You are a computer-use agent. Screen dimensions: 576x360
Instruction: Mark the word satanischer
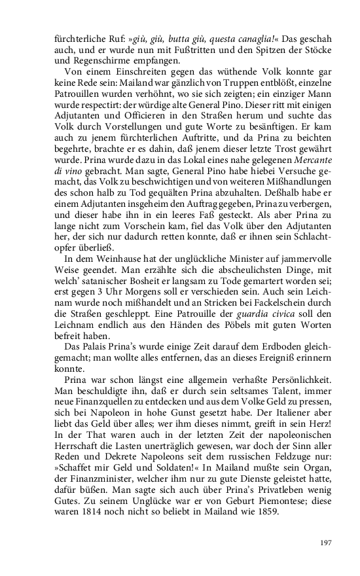coord(111,274)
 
